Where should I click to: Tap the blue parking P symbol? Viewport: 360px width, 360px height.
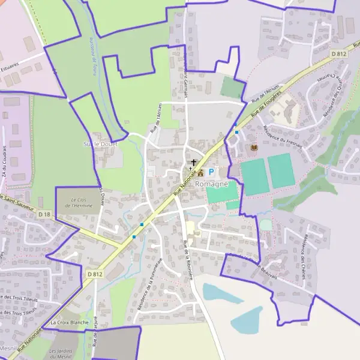coord(211,172)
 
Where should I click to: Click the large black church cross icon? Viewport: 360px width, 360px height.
coord(194,163)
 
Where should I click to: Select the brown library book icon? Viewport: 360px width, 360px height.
coord(254,147)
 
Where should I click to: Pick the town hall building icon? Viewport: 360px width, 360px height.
coord(200,173)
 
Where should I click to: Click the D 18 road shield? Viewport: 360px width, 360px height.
coord(44,214)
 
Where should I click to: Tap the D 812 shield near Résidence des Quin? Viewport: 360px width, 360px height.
coord(339,54)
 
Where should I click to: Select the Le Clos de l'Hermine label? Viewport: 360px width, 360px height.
coord(80,203)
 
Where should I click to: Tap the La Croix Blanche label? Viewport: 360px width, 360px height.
coord(70,323)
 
